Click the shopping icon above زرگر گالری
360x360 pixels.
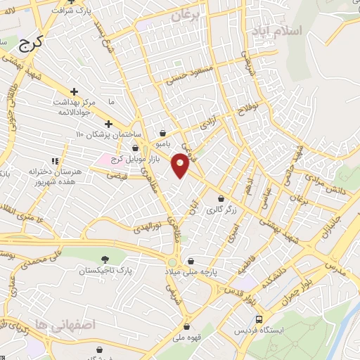tap(221, 198)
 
